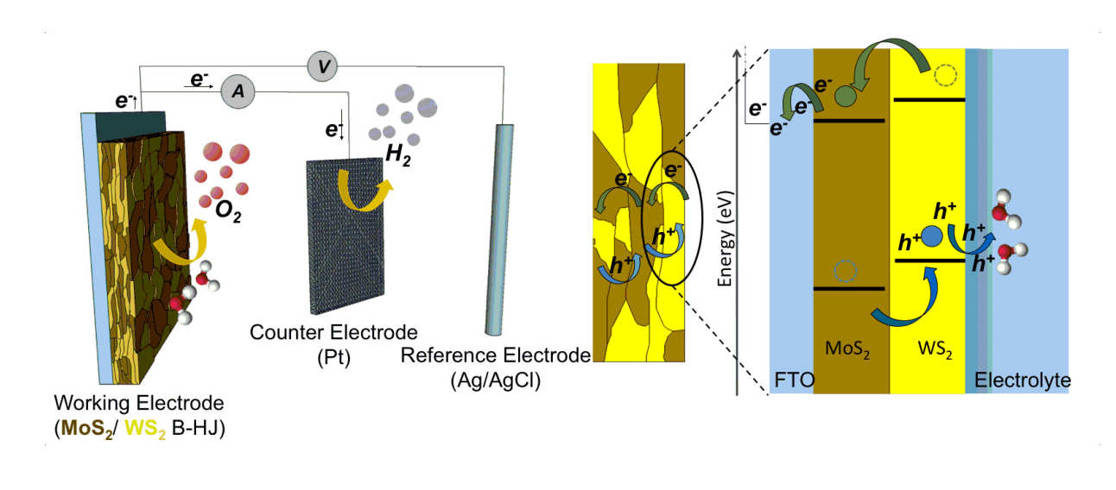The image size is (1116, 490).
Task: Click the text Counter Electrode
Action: (x=333, y=332)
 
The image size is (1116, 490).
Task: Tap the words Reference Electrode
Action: (x=495, y=356)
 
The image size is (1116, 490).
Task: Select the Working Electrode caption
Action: (x=137, y=403)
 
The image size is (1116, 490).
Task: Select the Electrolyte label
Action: (x=1022, y=380)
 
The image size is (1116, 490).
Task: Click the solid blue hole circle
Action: (x=932, y=235)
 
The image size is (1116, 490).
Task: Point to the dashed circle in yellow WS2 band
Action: (x=946, y=76)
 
